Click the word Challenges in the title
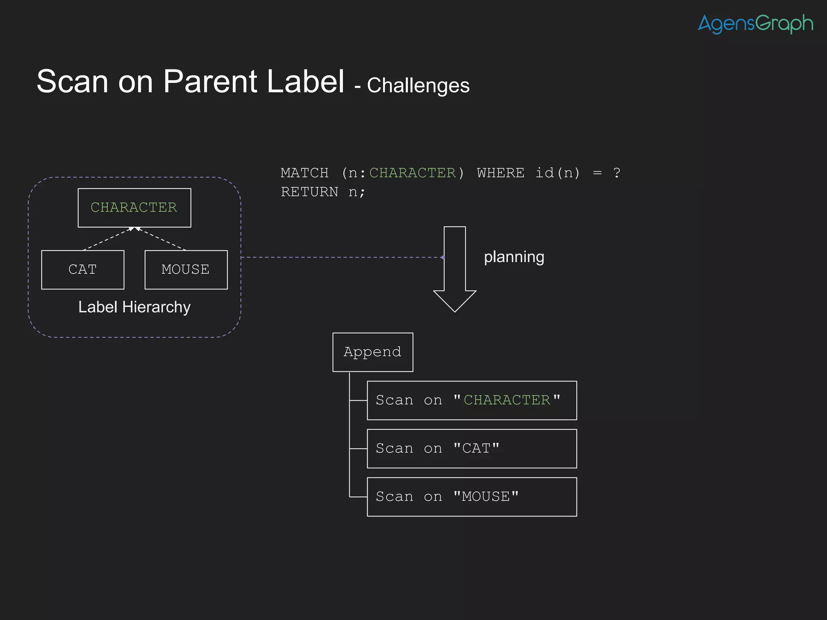(x=418, y=86)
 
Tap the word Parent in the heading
(x=210, y=82)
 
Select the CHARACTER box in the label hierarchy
(x=134, y=207)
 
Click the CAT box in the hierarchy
(x=82, y=270)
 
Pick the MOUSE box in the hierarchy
(x=186, y=270)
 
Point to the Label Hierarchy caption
(x=134, y=307)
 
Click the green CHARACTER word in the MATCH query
(x=412, y=173)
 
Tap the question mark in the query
(x=616, y=173)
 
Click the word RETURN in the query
(x=309, y=192)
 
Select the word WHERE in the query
(x=500, y=173)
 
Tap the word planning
(x=514, y=257)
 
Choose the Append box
(x=372, y=352)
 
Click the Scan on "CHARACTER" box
(x=472, y=400)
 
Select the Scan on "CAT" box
(x=472, y=448)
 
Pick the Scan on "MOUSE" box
(x=472, y=496)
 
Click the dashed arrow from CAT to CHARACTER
(x=107, y=239)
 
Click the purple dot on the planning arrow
(x=443, y=257)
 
